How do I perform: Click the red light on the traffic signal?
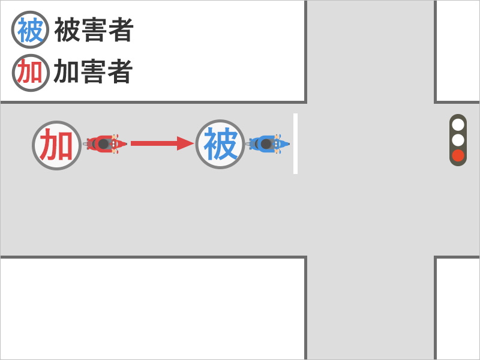458,155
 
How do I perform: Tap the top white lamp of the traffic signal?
458,125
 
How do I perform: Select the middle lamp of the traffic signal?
458,140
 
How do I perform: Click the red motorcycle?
105,144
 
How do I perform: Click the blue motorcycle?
268,144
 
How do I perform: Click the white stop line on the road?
295,143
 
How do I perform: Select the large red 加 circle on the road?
56,145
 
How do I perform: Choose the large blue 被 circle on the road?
220,144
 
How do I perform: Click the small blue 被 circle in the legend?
30,29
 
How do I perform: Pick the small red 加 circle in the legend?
30,73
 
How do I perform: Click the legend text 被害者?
94,30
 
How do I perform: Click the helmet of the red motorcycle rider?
104,144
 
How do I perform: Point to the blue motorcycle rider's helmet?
266,144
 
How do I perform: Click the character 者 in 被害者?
121,30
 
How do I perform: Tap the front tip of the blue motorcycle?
289,144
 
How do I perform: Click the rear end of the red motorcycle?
85,144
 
